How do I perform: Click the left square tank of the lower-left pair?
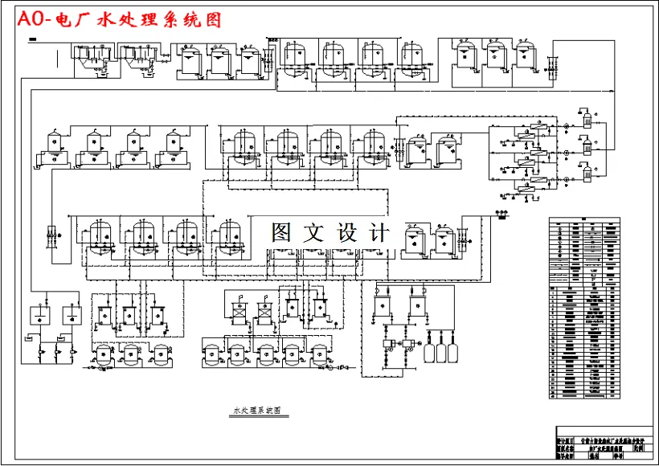click(x=38, y=316)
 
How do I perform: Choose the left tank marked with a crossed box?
click(x=236, y=310)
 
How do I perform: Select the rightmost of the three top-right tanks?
click(x=523, y=57)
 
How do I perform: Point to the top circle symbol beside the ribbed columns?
click(x=566, y=125)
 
